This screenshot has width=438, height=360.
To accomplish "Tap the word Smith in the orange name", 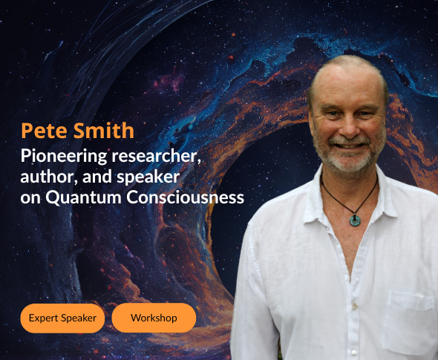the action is click(104, 130).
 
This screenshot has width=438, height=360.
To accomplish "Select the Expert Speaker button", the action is click(62, 318).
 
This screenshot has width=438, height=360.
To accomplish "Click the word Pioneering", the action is click(64, 157).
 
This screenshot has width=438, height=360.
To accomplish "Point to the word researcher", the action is click(156, 156).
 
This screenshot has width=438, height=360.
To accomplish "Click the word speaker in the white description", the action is click(148, 177).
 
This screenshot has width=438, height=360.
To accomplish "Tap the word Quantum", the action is click(83, 197).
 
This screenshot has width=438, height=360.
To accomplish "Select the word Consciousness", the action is click(185, 197).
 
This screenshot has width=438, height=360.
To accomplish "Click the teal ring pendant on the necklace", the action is click(355, 220).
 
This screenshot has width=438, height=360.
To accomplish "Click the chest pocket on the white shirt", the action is click(409, 321).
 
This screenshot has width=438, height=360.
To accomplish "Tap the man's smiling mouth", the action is click(349, 145).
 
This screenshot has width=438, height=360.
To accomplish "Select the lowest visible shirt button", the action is click(354, 353).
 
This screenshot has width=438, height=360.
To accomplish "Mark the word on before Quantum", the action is click(30, 198).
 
